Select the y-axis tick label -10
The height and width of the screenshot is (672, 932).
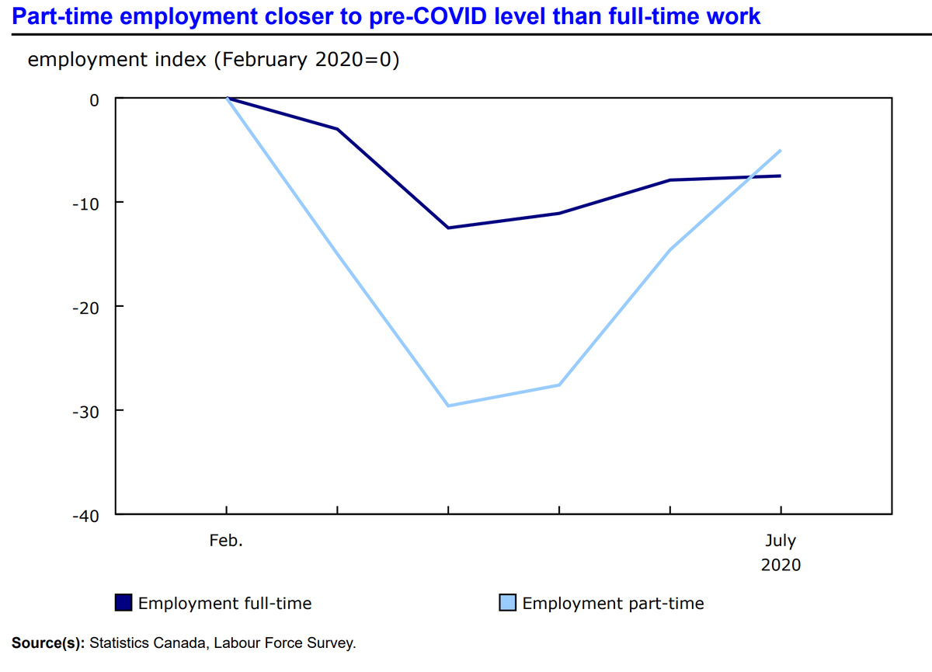pyautogui.click(x=85, y=203)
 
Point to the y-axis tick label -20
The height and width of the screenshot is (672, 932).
pyautogui.click(x=85, y=307)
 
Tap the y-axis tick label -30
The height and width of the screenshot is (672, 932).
pyautogui.click(x=85, y=411)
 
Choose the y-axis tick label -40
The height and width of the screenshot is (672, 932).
pyautogui.click(x=85, y=515)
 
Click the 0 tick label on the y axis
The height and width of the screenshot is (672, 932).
pyautogui.click(x=94, y=99)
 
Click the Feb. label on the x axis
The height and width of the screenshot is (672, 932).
pyautogui.click(x=226, y=541)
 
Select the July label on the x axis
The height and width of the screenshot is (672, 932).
pyautogui.click(x=781, y=541)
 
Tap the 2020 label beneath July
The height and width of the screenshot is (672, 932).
pyautogui.click(x=781, y=565)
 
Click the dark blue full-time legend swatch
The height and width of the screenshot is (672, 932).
pyautogui.click(x=124, y=603)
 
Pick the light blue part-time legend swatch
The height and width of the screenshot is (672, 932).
pyautogui.click(x=508, y=603)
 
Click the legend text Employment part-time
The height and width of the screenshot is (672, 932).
pyautogui.click(x=613, y=604)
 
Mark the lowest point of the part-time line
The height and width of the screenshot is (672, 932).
pyautogui.click(x=448, y=406)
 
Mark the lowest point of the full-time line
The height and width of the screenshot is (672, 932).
pyautogui.click(x=448, y=228)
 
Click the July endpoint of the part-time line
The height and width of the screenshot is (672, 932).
pyautogui.click(x=781, y=150)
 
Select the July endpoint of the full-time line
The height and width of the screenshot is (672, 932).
pyautogui.click(x=781, y=176)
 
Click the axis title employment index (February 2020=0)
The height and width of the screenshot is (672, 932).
pyautogui.click(x=213, y=60)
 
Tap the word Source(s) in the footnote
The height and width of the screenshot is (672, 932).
pyautogui.click(x=48, y=643)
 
